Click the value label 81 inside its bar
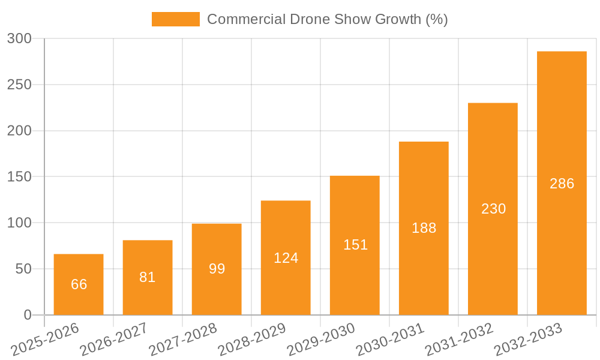148,277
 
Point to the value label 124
286,258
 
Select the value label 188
424,228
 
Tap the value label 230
494,209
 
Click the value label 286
562,184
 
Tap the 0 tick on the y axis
28,315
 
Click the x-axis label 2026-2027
114,339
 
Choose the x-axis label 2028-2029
252,339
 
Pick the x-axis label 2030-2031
390,339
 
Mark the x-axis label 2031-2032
459,339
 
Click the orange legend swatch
176,19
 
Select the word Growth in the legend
398,19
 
